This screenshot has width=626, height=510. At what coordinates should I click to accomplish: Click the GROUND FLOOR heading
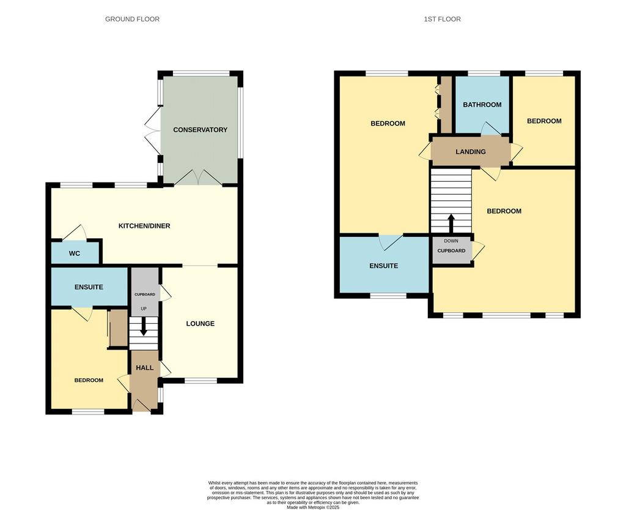pos(132,19)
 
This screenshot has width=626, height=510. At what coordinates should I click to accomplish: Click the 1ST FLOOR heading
pos(442,19)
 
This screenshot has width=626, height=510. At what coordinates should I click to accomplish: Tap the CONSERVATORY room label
pos(200,130)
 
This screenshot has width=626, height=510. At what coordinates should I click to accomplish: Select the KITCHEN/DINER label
pos(144,226)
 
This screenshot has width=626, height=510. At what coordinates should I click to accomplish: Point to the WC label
pos(75,253)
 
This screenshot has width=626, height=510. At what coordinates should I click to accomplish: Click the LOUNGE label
pos(200,324)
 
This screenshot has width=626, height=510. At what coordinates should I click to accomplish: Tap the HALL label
pos(144,368)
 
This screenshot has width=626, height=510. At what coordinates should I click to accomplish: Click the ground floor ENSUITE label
pos(89,287)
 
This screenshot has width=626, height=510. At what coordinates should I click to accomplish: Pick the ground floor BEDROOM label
pos(89,380)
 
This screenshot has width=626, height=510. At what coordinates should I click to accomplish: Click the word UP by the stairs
pos(144,309)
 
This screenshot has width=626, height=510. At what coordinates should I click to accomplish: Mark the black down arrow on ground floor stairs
pos(143,326)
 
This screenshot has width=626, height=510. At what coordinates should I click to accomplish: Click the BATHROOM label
pos(482,105)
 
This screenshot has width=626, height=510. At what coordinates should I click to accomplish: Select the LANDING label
pos(471,152)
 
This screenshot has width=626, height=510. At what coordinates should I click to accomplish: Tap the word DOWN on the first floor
pos(451,241)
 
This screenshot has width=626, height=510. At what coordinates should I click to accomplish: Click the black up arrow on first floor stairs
pos(451,224)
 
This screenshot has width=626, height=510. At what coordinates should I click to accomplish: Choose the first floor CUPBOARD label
pos(451,251)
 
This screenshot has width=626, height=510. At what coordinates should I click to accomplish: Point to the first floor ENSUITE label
pos(384,266)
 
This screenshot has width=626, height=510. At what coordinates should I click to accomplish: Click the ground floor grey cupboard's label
pos(144,294)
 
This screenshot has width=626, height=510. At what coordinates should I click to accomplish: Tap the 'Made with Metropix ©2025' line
pos(313,507)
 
